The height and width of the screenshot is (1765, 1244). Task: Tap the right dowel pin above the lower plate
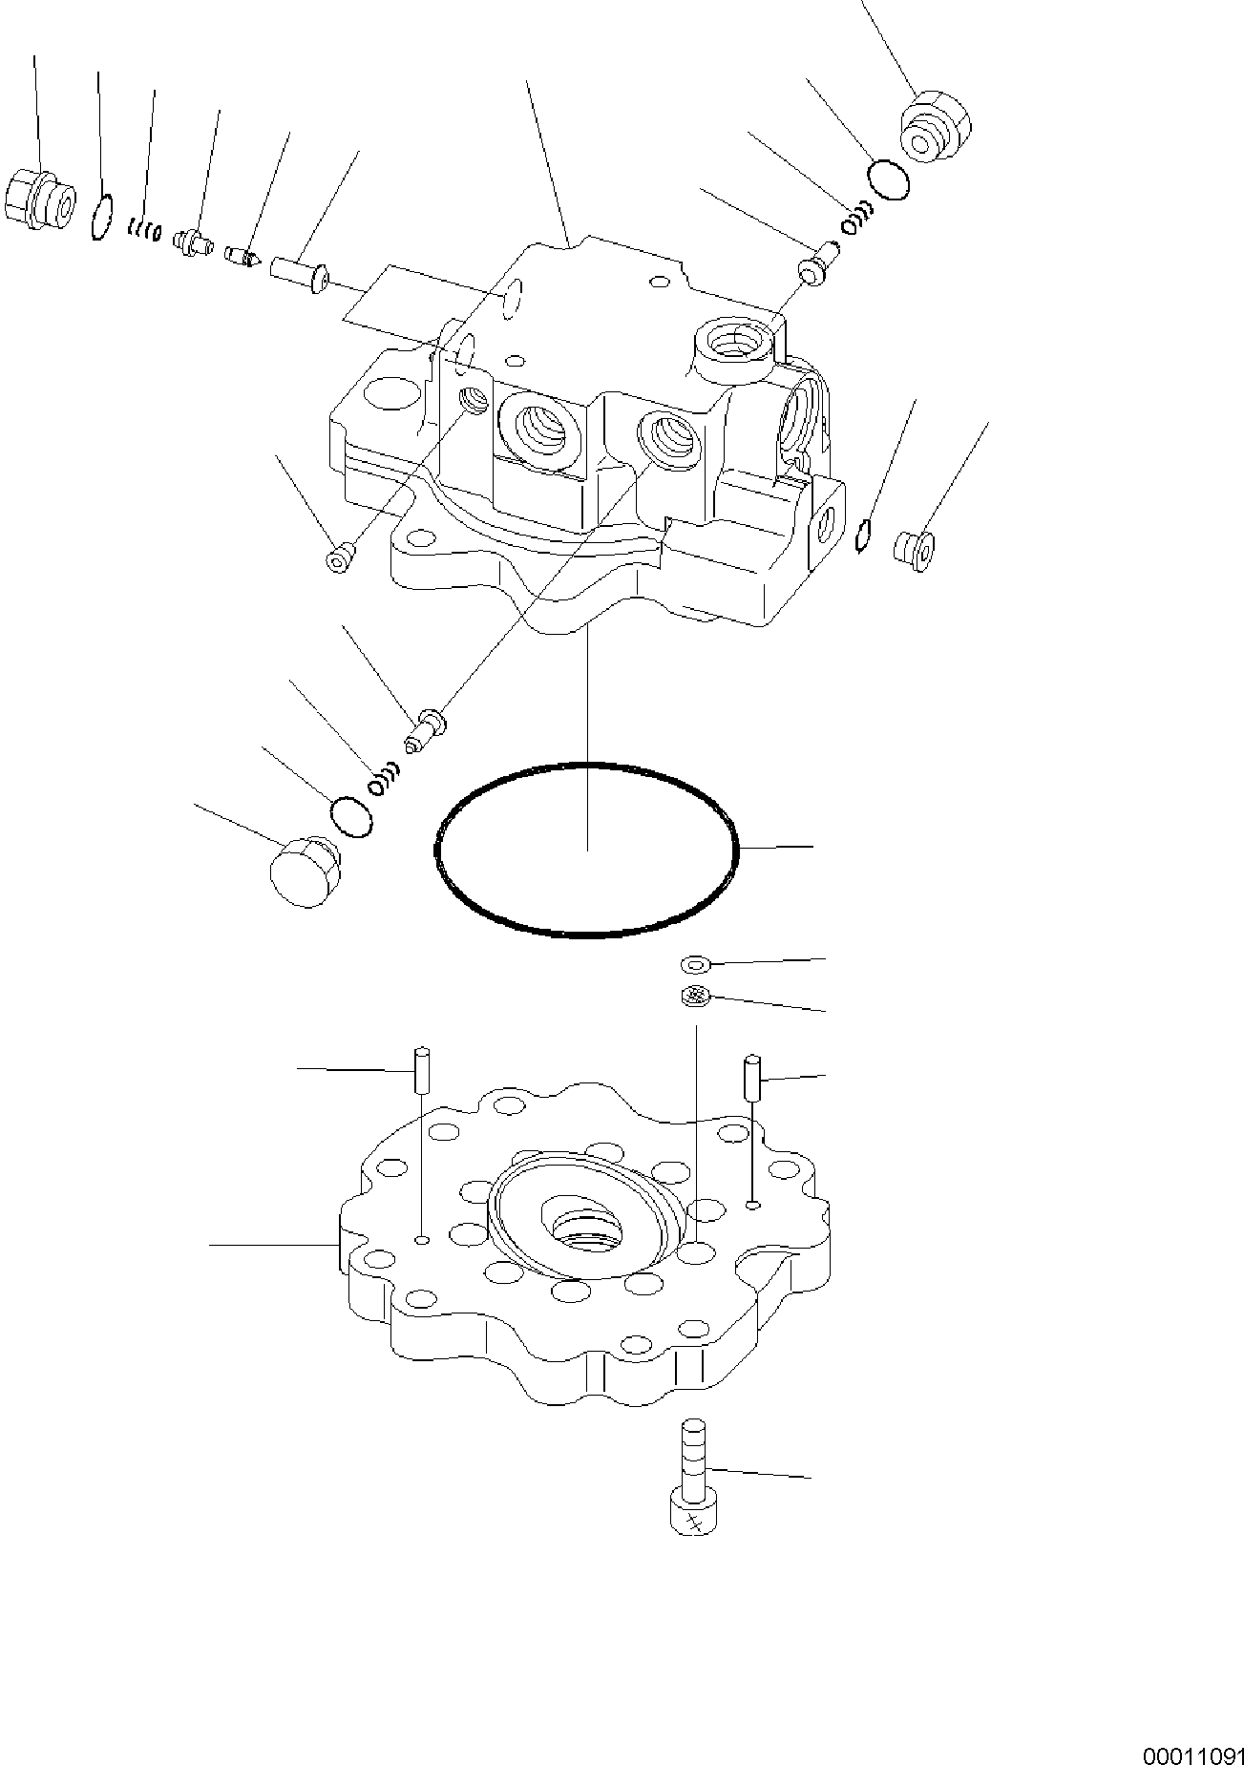point(753,1076)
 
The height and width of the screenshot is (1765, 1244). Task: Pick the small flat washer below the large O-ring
point(695,964)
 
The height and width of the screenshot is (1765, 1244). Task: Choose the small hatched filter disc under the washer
point(694,996)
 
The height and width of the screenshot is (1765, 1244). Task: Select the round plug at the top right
point(934,129)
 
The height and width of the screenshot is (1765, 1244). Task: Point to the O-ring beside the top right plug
point(888,180)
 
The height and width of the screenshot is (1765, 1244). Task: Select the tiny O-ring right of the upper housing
point(862,535)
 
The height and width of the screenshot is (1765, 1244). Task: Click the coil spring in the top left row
point(144,228)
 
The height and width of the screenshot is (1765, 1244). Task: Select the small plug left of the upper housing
point(340,557)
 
